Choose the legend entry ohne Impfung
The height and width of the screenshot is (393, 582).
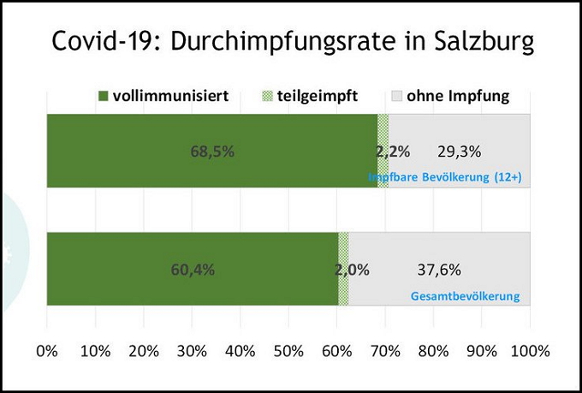(457, 96)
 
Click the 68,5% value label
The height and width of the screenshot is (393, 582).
(212, 152)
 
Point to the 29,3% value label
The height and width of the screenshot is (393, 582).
(460, 152)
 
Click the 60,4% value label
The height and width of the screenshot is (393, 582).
(193, 269)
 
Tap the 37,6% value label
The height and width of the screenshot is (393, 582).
(439, 269)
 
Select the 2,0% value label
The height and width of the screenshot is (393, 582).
(352, 269)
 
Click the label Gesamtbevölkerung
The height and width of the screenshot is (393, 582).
(465, 296)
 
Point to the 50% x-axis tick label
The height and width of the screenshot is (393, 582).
(288, 351)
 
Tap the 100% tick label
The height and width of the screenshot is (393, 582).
(530, 351)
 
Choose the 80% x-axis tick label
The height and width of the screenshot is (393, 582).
(433, 351)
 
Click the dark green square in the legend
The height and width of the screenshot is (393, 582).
(104, 96)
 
